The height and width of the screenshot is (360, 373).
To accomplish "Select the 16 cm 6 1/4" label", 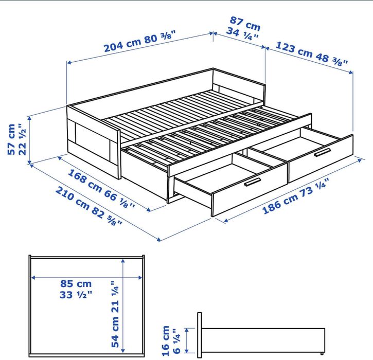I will point(170,339).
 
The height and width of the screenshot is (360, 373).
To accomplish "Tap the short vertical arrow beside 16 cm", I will point(186,340).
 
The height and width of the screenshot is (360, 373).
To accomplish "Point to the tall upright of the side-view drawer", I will point(200,334).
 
